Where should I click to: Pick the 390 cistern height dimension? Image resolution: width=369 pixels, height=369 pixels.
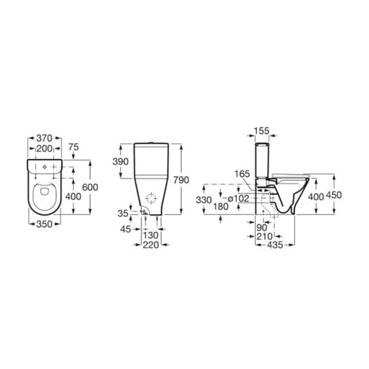click(121, 162)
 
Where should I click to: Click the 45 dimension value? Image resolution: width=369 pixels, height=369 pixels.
click(126, 229)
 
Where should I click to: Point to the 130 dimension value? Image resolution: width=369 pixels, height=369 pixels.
click(151, 236)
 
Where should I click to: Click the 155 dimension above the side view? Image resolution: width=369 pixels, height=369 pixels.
click(261, 131)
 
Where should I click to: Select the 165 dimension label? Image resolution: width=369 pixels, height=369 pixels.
click(242, 175)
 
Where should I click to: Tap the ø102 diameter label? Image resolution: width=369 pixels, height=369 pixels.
click(238, 198)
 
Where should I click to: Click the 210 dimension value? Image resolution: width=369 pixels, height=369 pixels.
click(265, 236)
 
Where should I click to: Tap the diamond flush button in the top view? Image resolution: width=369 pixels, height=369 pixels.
click(45, 167)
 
